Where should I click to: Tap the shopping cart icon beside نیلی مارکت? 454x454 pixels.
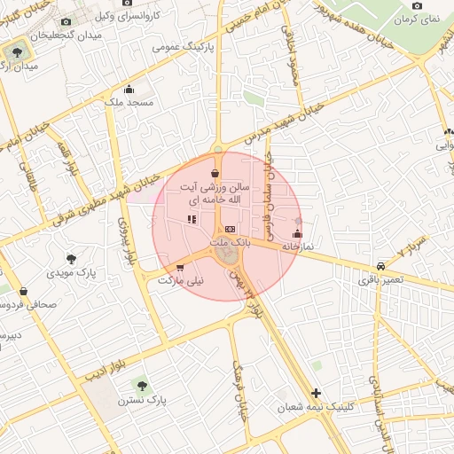181,267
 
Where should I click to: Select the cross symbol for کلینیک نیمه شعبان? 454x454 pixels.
316,393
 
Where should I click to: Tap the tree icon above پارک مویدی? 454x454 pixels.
72,260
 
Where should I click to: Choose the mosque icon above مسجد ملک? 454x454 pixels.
129,89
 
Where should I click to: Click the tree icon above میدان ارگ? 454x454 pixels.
19,52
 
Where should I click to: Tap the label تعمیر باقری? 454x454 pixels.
380,279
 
